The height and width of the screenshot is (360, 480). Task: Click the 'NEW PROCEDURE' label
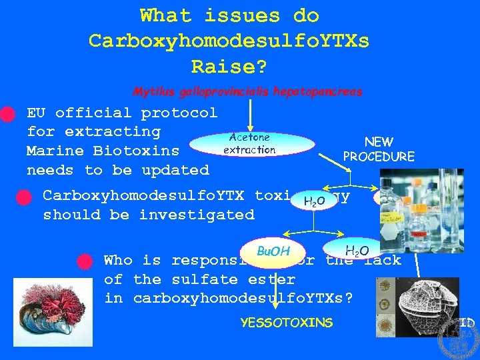pos(378,149)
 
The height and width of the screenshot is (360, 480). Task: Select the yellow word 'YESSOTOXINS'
pos(286,323)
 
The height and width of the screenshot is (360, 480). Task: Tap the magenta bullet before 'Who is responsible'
pos(85,261)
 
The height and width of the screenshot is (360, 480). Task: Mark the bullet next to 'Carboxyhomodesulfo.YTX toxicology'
pos(24,197)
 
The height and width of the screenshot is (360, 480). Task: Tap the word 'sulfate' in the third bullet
pos(195,279)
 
